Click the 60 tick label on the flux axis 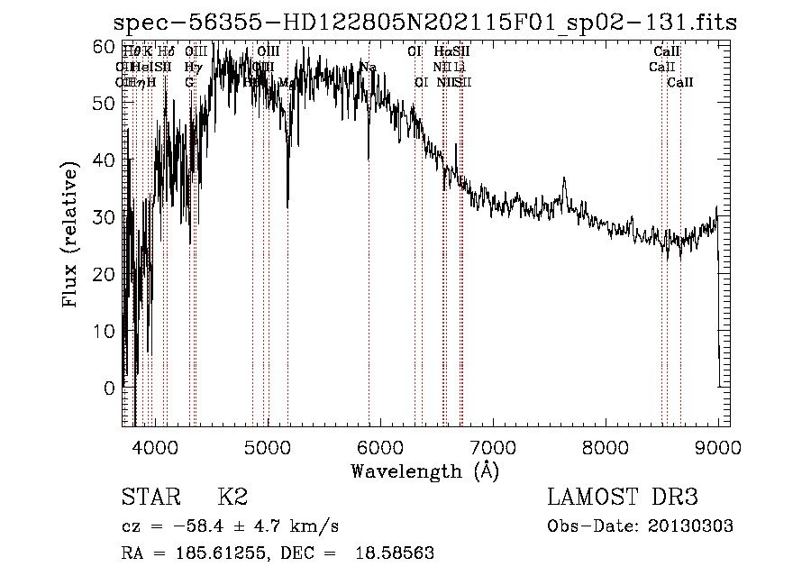[x=105, y=46]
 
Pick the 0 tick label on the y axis [x=110, y=388]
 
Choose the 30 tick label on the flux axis [x=105, y=217]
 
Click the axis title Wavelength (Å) [x=425, y=471]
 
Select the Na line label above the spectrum [x=368, y=67]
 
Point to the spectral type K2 [x=232, y=498]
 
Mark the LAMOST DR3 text [x=623, y=498]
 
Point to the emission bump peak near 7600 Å [x=565, y=179]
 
